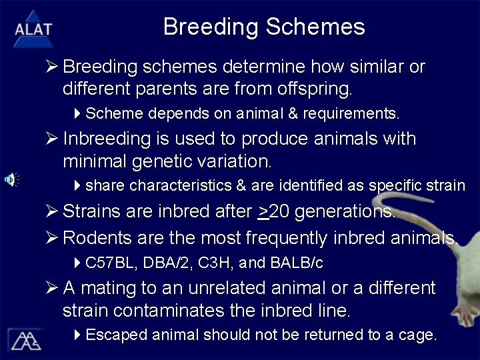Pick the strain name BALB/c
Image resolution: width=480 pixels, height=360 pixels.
[x=297, y=263]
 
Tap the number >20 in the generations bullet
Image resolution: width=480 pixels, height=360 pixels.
[x=273, y=212]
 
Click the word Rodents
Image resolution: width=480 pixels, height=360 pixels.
[x=97, y=237]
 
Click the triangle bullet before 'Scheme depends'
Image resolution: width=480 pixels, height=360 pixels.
[x=77, y=113]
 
